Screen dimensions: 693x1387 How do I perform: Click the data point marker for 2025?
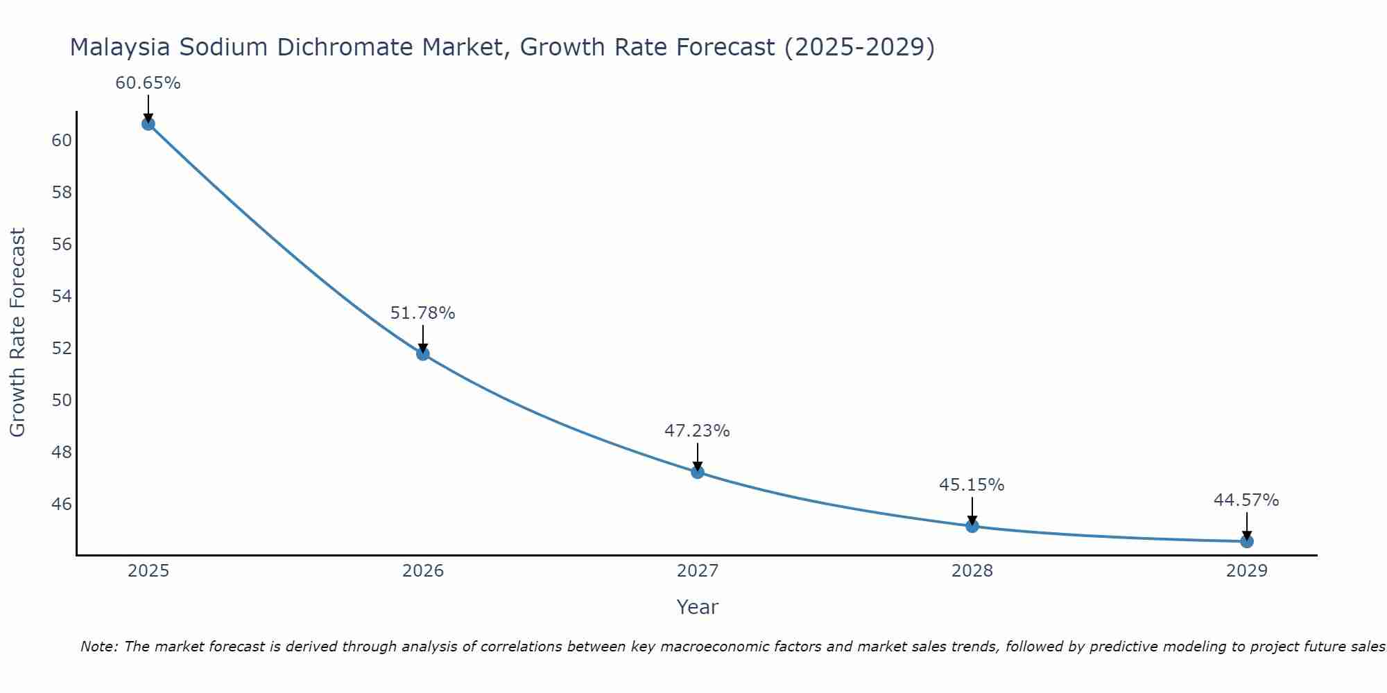click(148, 124)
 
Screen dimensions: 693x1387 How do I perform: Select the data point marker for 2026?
click(423, 354)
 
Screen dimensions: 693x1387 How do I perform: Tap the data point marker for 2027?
click(698, 472)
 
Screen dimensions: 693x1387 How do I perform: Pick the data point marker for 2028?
click(972, 526)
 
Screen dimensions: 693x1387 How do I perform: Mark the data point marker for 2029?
click(1247, 541)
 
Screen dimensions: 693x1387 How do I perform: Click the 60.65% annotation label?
click(148, 83)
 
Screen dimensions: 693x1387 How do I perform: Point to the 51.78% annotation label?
click(423, 313)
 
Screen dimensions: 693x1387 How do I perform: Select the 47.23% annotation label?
click(698, 431)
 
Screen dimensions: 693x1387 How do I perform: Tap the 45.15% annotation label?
click(972, 485)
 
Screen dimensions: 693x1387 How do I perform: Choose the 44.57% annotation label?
click(1247, 500)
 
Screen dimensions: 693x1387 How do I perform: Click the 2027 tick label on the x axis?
click(698, 571)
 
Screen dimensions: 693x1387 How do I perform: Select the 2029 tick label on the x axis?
click(1247, 571)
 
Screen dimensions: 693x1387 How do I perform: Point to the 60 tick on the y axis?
click(62, 141)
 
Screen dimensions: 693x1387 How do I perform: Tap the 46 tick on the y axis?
click(62, 504)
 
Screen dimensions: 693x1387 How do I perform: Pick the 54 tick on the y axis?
click(62, 297)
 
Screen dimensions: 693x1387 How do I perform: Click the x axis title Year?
click(698, 607)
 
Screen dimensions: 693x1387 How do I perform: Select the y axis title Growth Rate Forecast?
click(18, 333)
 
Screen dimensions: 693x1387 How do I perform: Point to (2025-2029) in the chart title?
click(859, 48)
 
